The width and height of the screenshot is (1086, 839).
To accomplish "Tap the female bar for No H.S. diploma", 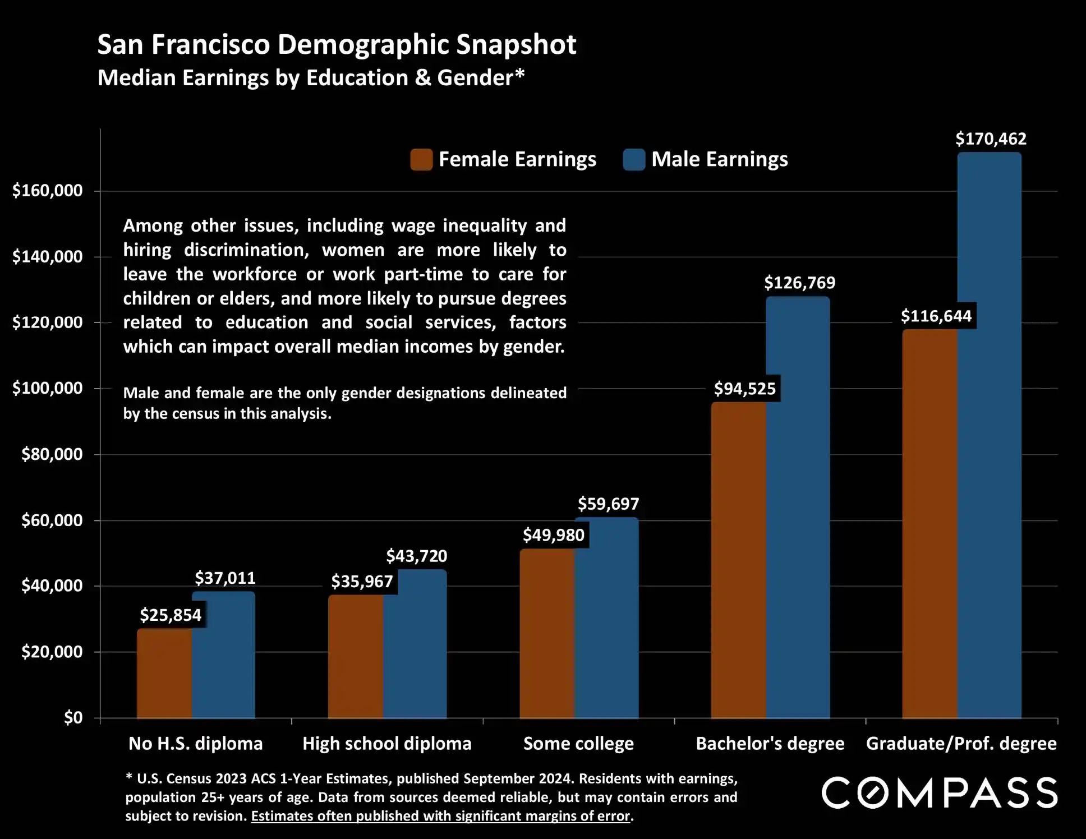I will tap(164, 673).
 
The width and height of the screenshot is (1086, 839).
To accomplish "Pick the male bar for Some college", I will tap(606, 617).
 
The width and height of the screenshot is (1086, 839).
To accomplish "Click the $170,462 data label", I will tap(991, 139).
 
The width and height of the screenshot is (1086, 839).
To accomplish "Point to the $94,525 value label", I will tap(744, 389).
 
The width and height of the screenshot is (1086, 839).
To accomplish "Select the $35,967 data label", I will tap(362, 582).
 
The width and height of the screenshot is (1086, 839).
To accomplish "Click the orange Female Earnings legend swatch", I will tap(421, 159).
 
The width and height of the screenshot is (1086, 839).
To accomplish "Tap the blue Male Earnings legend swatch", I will tap(634, 159).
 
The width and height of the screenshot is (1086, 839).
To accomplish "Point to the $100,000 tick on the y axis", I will tap(48, 388).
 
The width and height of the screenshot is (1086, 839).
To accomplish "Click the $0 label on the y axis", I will tap(73, 718).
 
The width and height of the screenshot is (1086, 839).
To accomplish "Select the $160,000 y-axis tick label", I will tap(48, 191).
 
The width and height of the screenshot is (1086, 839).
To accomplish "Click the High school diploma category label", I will tap(387, 744).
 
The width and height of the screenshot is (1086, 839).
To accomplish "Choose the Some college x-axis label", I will tap(578, 744).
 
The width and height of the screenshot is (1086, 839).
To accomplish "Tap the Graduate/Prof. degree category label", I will tap(961, 744).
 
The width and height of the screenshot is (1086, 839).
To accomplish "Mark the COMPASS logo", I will tap(940, 792).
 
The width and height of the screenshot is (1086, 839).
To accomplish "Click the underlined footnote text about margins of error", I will tap(441, 816).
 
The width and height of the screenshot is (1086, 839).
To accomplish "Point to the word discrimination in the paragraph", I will tap(246, 250).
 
